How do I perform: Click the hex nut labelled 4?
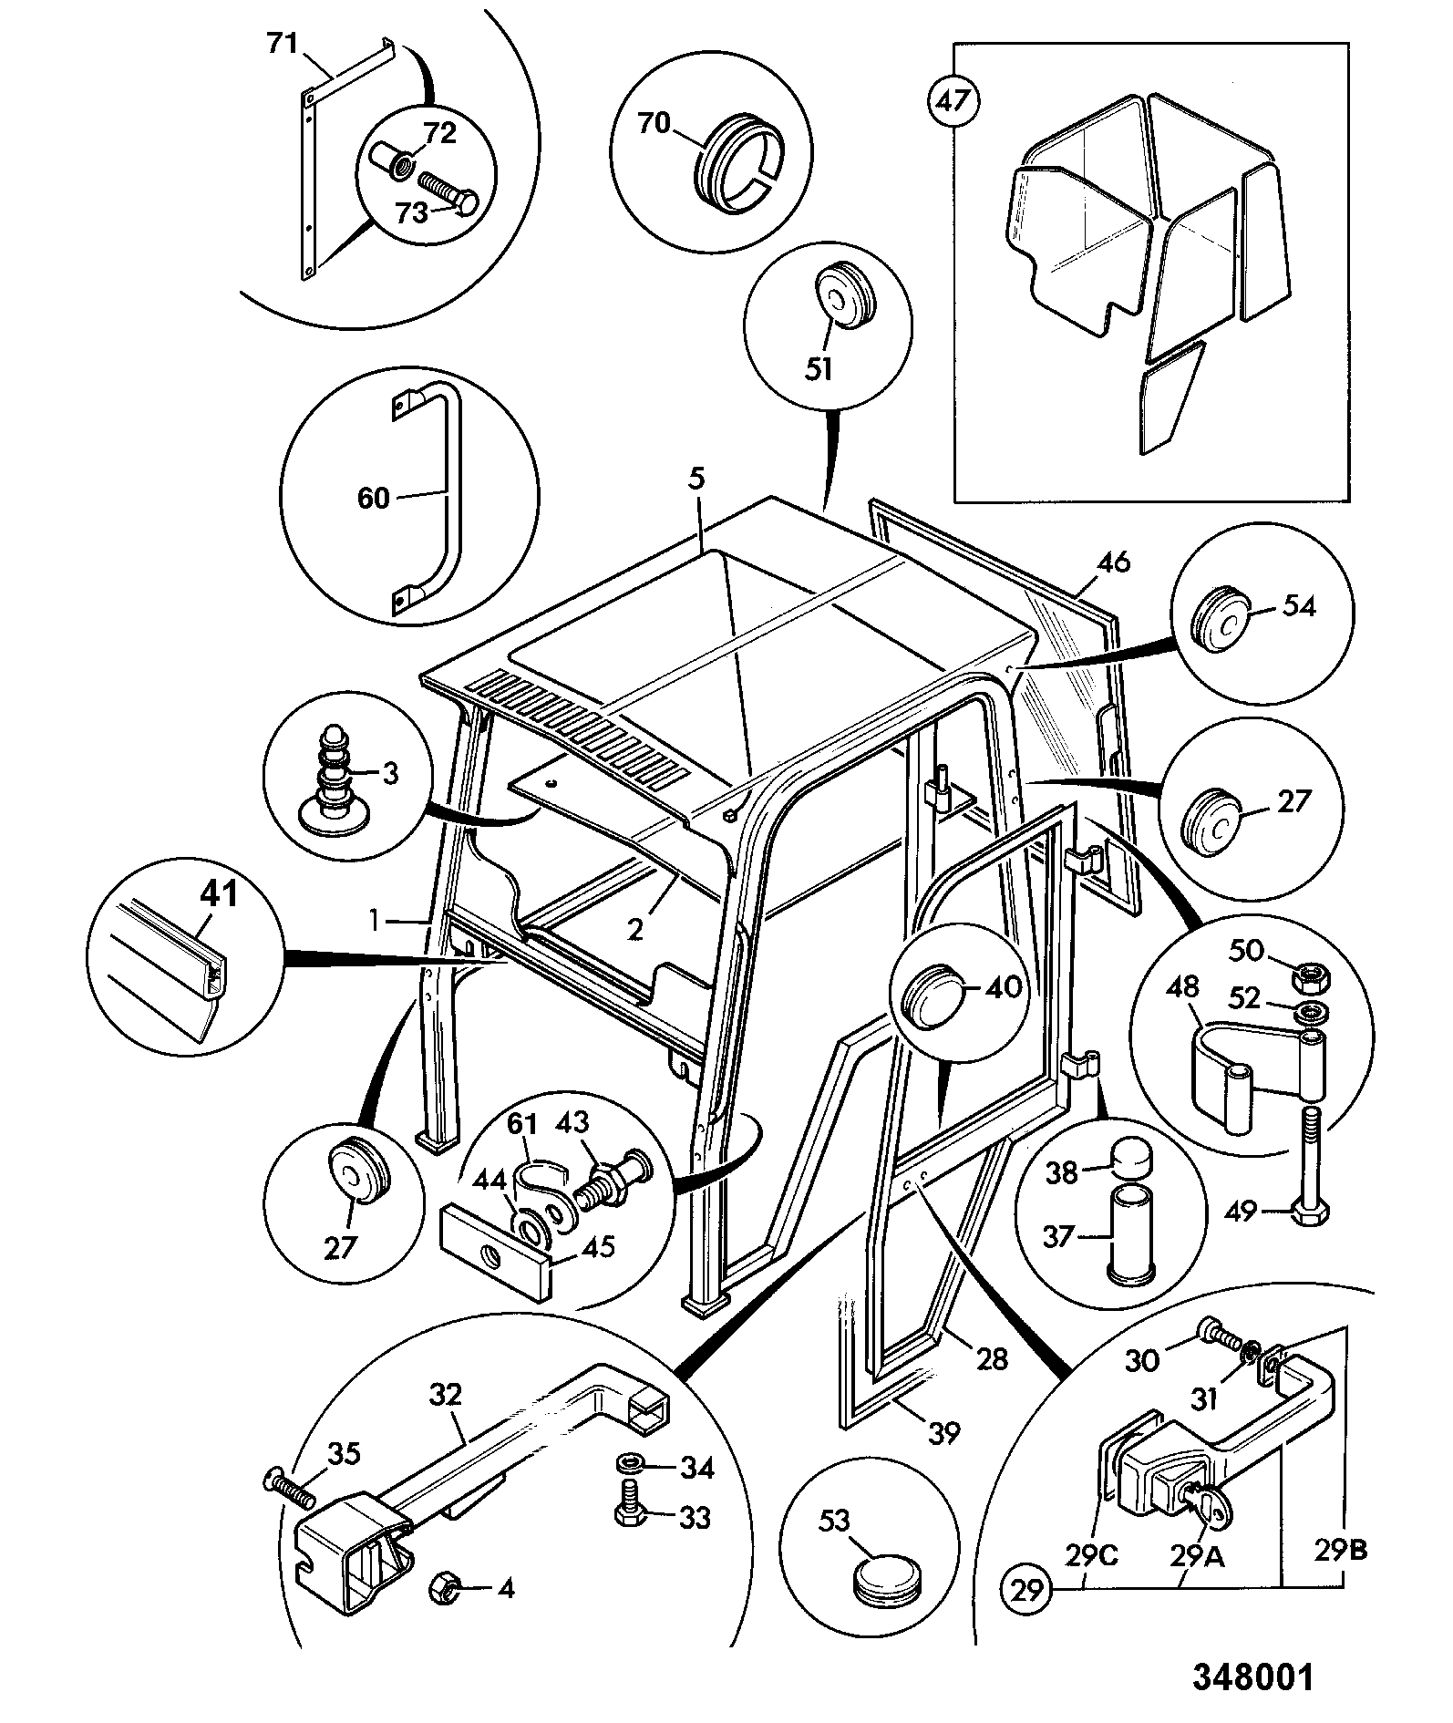click(443, 1589)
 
